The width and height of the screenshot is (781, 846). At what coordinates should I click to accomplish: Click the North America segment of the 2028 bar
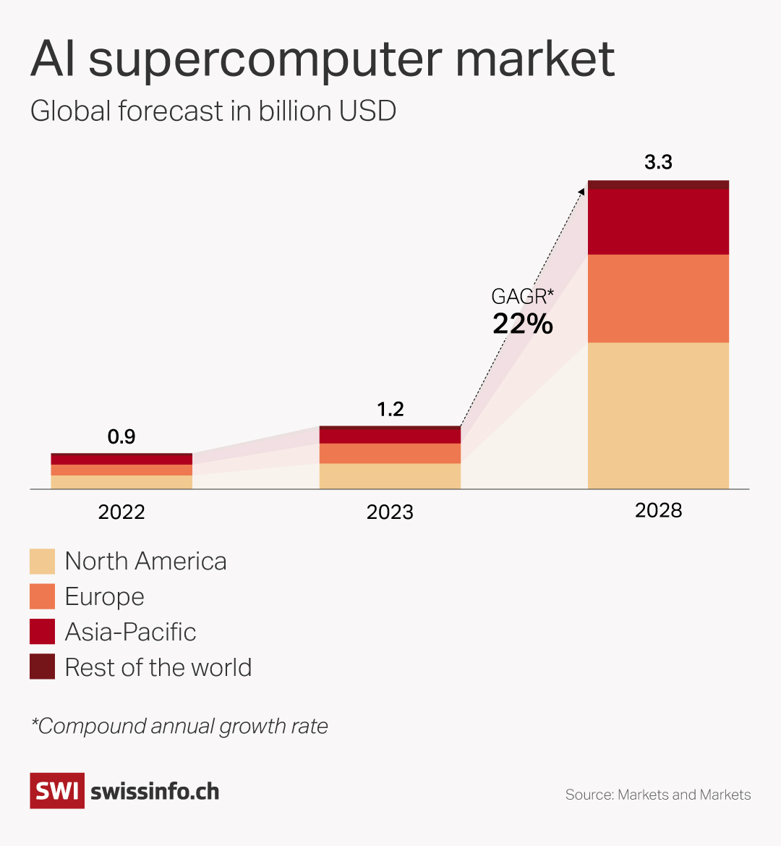coord(658,415)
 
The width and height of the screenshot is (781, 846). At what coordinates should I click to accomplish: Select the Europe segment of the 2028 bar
coord(658,298)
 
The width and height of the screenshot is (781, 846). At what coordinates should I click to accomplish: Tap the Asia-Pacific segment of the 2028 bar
coord(658,221)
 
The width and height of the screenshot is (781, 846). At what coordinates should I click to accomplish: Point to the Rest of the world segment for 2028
coord(658,185)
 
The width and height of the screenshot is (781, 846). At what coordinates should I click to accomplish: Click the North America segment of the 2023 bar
coord(390,476)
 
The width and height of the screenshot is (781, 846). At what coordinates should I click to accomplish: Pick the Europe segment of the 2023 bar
coord(390,453)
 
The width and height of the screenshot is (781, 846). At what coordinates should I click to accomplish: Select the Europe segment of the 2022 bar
coord(121,470)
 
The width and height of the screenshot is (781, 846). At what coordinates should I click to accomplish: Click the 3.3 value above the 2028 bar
coord(658,162)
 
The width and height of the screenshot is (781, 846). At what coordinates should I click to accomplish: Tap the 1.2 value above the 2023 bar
coord(390,410)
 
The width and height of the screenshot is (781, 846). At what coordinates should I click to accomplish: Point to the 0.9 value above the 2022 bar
coord(121,437)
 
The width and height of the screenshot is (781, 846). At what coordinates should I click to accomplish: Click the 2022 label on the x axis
coord(121,512)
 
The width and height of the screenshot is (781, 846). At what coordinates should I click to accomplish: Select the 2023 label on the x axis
coord(390,512)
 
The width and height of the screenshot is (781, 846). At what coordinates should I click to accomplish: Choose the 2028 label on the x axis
coord(658,511)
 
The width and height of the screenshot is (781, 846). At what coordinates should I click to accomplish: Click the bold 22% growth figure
coord(523,324)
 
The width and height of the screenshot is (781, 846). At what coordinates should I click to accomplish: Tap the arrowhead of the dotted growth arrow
coord(583,190)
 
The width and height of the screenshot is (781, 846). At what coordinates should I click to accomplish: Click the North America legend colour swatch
coord(42,562)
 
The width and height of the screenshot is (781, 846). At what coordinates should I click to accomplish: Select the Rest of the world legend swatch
coord(42,667)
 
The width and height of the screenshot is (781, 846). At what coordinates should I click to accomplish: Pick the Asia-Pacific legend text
coord(130,632)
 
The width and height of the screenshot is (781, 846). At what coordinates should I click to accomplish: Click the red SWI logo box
coord(57,791)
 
